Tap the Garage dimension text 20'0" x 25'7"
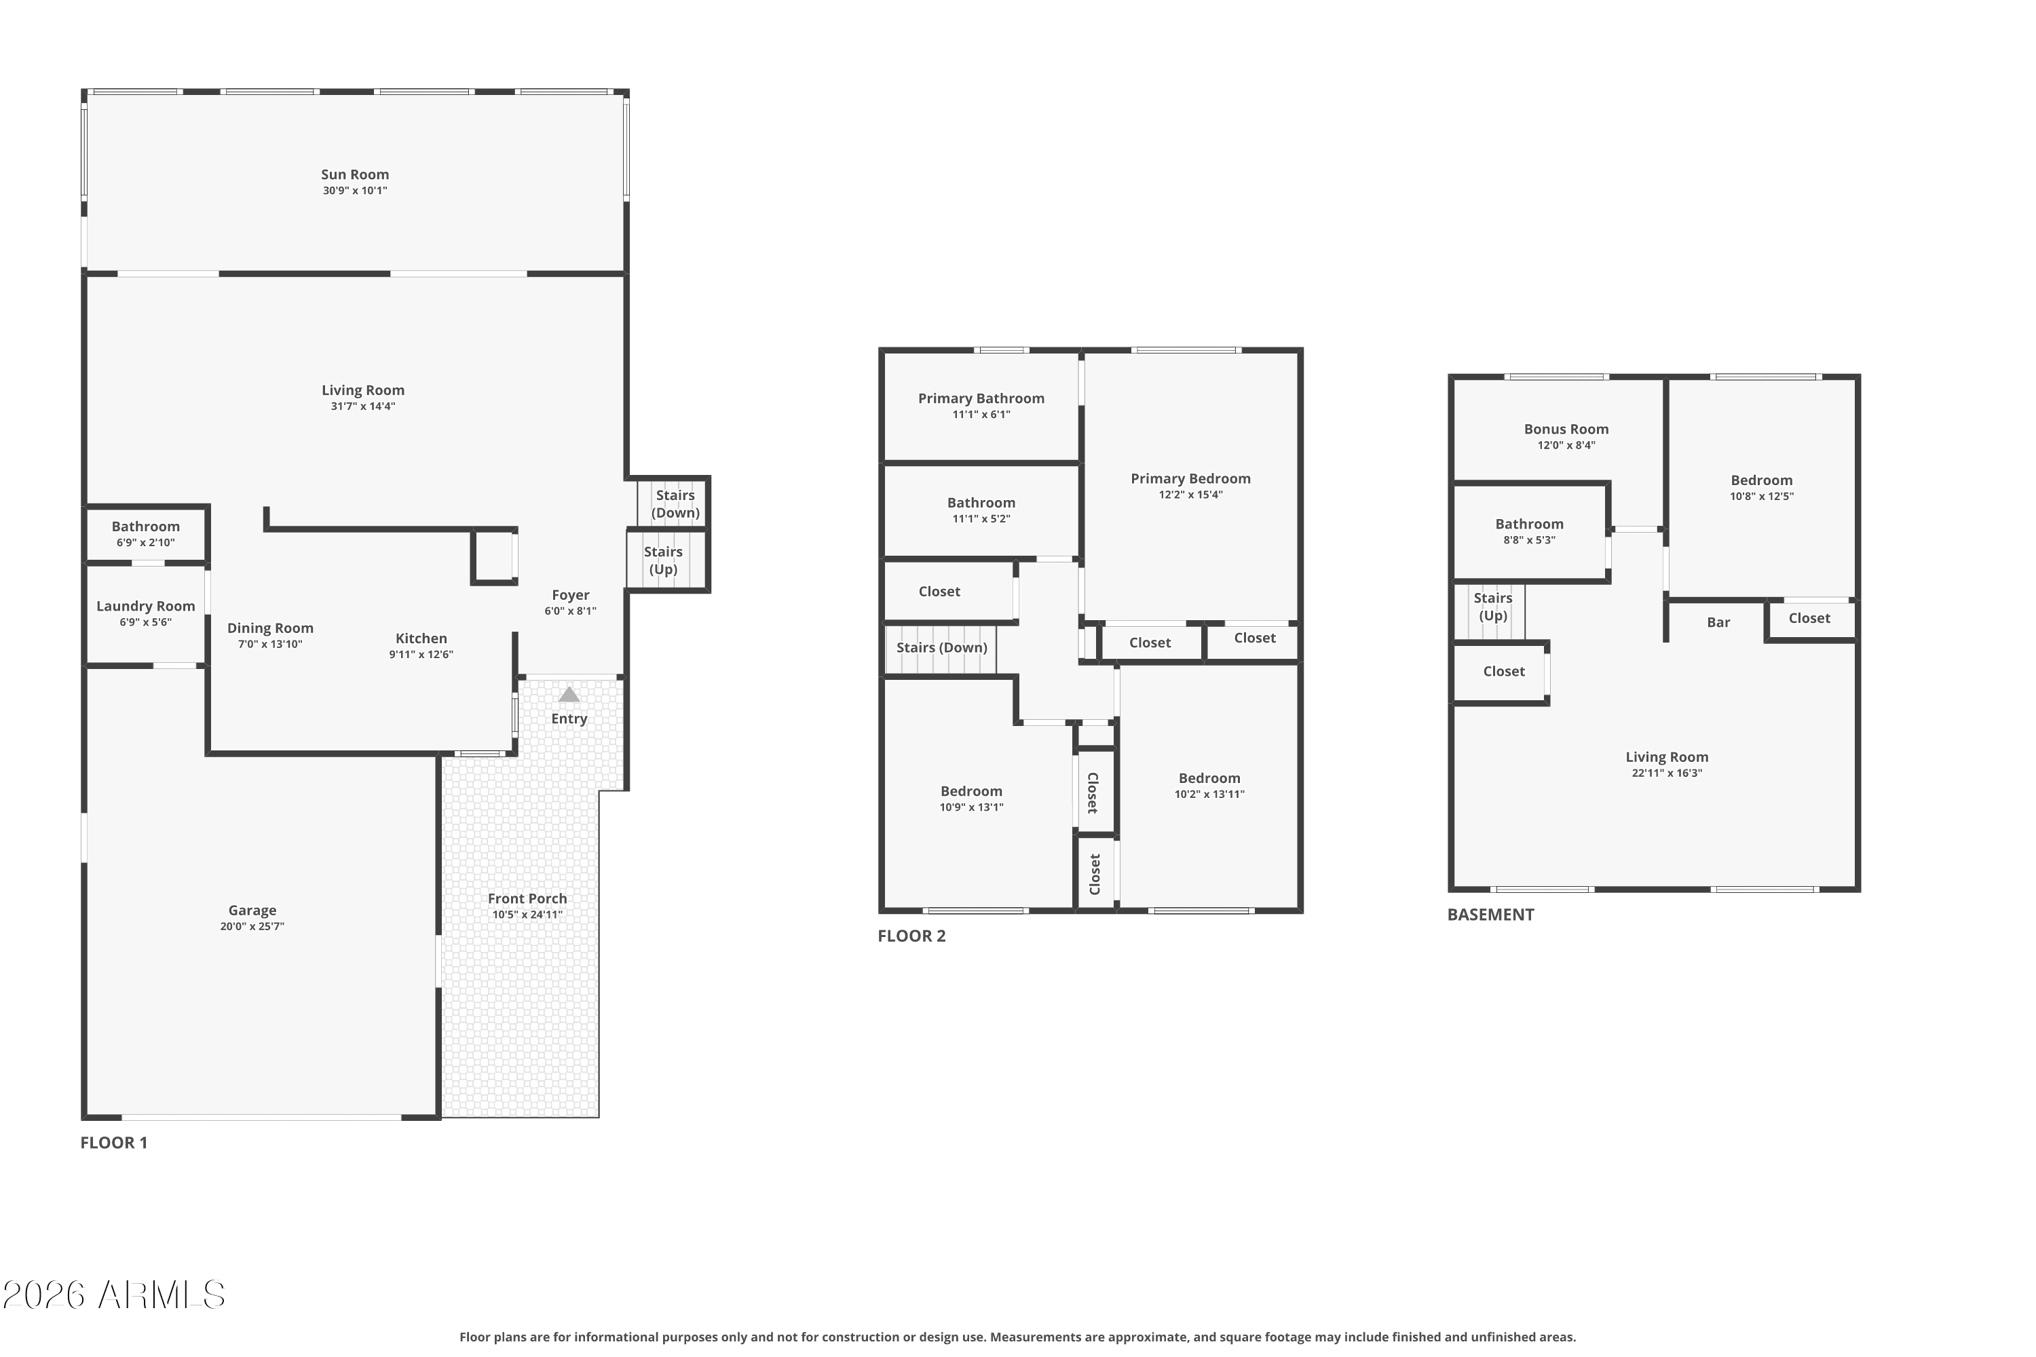[252, 926]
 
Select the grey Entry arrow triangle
[569, 694]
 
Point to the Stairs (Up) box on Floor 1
[663, 560]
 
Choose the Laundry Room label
[145, 606]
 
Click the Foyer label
[571, 594]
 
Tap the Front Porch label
[527, 898]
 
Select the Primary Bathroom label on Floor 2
[981, 398]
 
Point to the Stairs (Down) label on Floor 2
[941, 647]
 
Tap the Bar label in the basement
[1718, 622]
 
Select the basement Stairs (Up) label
[1492, 607]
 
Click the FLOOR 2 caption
[911, 936]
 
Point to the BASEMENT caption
[1490, 915]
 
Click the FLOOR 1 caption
[114, 1143]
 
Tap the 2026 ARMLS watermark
[113, 1295]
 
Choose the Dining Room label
[270, 628]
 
